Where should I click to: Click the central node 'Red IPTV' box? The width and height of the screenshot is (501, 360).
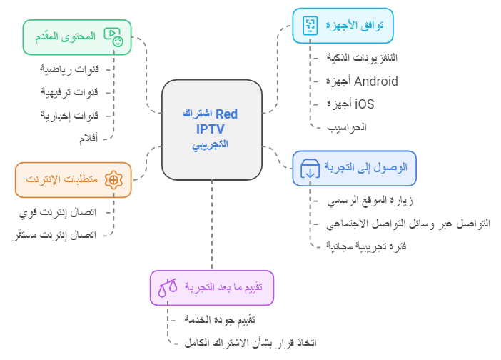click(x=212, y=130)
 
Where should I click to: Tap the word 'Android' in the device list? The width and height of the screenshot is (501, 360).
click(x=376, y=81)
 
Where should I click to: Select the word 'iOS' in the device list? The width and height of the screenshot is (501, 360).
click(x=364, y=104)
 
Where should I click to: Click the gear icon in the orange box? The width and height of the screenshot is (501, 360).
click(x=113, y=180)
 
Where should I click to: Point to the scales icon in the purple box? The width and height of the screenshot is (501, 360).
click(x=168, y=288)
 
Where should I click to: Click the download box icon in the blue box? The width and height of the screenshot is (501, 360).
click(x=310, y=169)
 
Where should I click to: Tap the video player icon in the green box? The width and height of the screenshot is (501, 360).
click(x=113, y=37)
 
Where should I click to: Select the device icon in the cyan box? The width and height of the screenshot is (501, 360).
click(x=310, y=26)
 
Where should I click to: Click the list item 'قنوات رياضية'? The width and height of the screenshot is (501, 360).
click(x=69, y=69)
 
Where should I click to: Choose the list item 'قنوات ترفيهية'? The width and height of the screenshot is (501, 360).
click(x=69, y=92)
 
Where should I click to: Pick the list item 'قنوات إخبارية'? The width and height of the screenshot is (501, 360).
click(x=69, y=115)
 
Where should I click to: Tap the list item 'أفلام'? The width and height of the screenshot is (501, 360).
click(x=88, y=139)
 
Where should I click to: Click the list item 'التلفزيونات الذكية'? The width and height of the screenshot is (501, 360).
click(x=362, y=58)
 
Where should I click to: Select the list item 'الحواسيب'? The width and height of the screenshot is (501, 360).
click(x=347, y=127)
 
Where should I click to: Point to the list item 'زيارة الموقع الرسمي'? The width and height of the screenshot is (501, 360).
click(x=370, y=201)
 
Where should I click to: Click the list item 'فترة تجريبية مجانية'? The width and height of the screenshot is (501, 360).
click(x=366, y=246)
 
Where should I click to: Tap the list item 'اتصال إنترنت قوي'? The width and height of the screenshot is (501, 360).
click(x=58, y=212)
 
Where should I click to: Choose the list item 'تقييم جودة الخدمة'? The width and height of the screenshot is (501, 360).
click(x=220, y=320)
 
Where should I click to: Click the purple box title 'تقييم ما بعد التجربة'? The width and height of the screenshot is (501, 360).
click(x=223, y=287)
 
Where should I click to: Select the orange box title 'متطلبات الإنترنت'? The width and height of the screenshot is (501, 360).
click(x=61, y=179)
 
